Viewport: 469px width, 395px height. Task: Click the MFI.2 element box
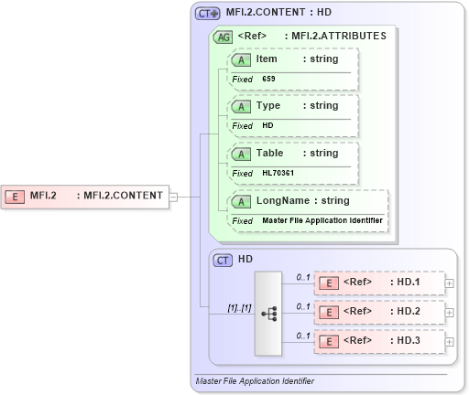tap(87, 195)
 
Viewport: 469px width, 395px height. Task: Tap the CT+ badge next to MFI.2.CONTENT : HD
tap(208, 14)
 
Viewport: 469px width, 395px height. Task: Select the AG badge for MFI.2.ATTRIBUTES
tap(223, 37)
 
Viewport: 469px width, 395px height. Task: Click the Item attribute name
tap(267, 59)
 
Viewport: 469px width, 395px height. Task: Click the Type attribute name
tap(267, 105)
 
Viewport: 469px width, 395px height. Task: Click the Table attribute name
tap(269, 153)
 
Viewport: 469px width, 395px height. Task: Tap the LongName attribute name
tap(284, 200)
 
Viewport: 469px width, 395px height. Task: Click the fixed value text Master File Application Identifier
tap(322, 220)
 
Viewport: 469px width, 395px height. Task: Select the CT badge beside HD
tap(223, 260)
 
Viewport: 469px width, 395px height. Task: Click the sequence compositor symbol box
tap(268, 313)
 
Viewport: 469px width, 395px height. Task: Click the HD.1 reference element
tap(378, 283)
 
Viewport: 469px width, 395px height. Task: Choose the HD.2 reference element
tap(378, 312)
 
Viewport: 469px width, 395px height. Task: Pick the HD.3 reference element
tap(378, 341)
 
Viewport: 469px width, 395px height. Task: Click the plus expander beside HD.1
tap(449, 283)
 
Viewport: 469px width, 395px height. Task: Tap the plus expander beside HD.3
tap(449, 341)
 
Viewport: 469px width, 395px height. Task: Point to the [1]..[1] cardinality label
tap(240, 307)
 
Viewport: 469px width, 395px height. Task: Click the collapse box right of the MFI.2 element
tap(173, 195)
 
